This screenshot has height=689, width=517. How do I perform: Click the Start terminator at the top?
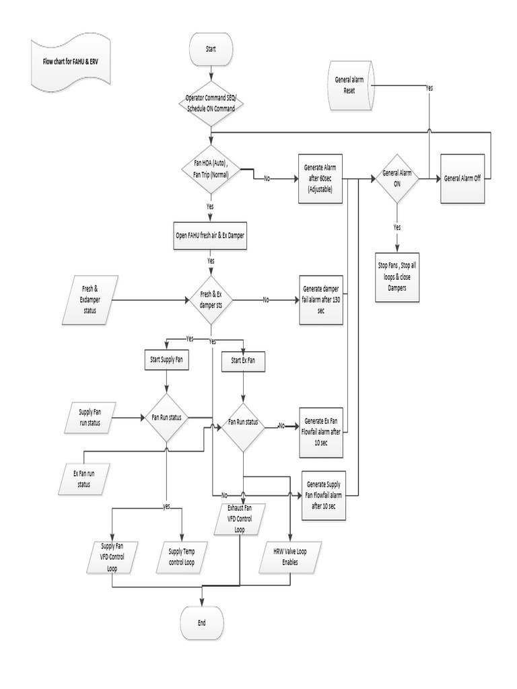pos(211,49)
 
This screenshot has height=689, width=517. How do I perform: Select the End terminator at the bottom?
pos(202,622)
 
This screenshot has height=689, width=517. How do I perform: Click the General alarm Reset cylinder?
pos(351,84)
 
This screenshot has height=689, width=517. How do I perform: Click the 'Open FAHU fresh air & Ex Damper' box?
pos(211,235)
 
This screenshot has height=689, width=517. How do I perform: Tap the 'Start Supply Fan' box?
pos(166,361)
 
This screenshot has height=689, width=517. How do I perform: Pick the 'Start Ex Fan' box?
pos(243,361)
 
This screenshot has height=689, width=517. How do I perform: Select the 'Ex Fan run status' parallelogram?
pos(83,478)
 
